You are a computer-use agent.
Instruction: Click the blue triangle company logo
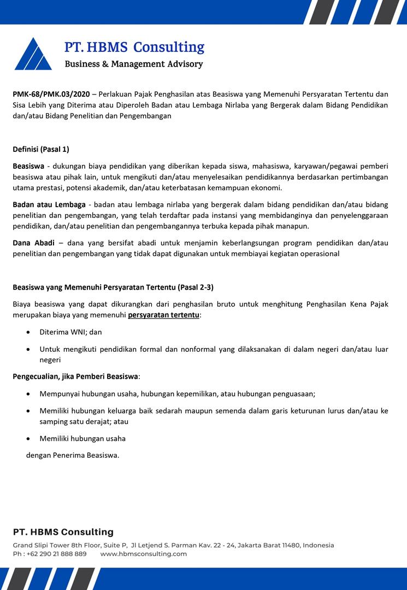(x=33, y=54)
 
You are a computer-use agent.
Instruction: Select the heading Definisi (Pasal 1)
(x=41, y=149)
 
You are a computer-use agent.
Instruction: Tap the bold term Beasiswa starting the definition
(x=28, y=165)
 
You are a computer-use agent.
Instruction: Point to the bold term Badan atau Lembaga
(x=49, y=204)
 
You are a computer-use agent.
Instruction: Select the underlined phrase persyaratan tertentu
(x=163, y=315)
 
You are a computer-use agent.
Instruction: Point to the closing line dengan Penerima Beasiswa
(x=73, y=455)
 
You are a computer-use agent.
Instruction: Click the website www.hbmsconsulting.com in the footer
(x=144, y=553)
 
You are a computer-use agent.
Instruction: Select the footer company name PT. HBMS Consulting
(x=63, y=532)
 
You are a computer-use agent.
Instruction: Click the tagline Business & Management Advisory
(x=134, y=64)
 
